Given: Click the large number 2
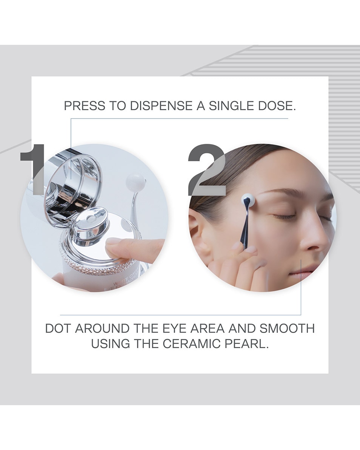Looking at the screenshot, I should (206, 170).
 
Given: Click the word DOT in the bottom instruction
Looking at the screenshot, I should (58, 328).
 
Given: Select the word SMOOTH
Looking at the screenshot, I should (287, 328).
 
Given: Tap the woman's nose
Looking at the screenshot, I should (315, 242).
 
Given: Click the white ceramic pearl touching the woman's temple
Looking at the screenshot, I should (248, 199).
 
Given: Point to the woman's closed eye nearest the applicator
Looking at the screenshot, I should (285, 216).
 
